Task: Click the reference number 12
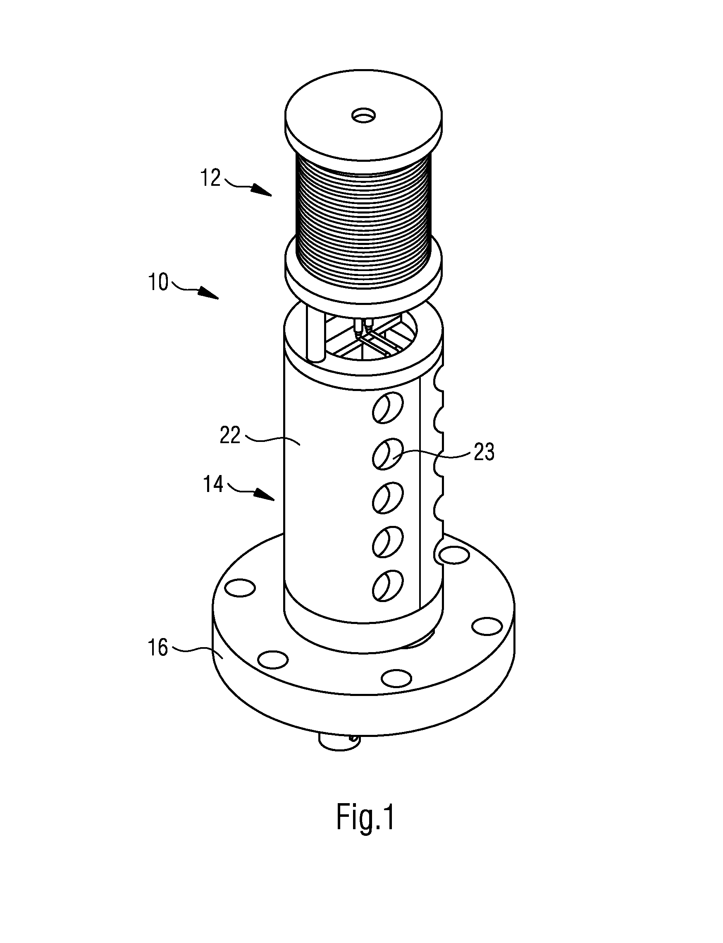[x=211, y=178]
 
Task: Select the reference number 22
[x=230, y=436]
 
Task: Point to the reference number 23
[x=484, y=452]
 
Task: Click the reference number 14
[x=213, y=484]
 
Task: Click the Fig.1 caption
[x=365, y=818]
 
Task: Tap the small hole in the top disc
[x=363, y=115]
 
